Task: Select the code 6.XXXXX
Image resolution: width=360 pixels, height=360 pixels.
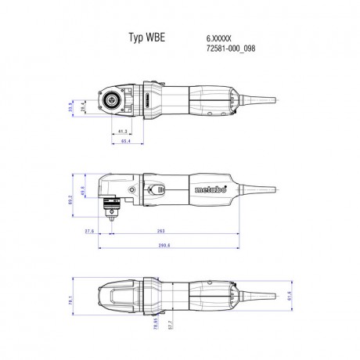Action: (x=219, y=37)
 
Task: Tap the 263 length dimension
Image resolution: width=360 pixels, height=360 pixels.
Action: (x=161, y=232)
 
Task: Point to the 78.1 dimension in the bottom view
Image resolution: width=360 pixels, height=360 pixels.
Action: (x=71, y=300)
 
